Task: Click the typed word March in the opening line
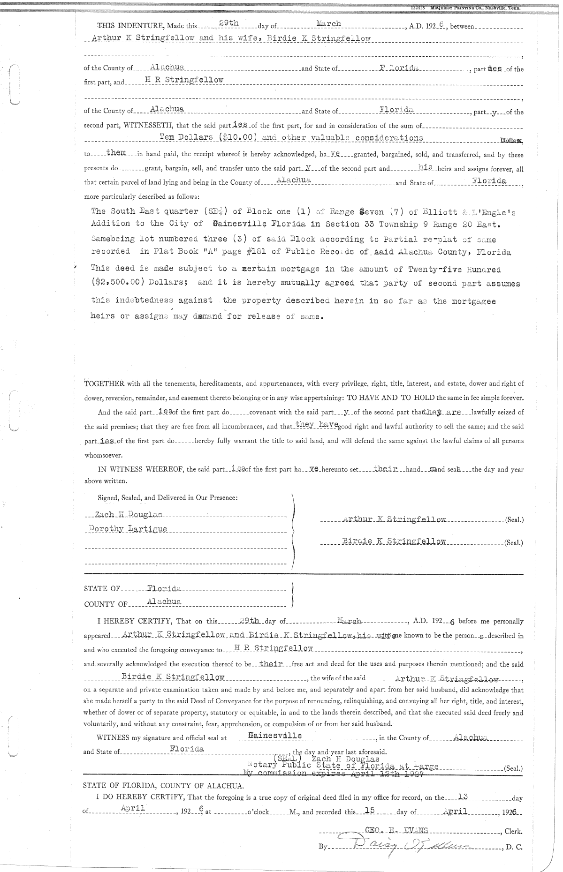(x=328, y=23)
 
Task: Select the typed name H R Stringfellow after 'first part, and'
(x=184, y=80)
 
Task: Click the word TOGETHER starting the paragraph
(x=104, y=383)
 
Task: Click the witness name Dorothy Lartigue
(x=128, y=529)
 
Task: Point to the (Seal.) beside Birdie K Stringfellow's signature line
(x=513, y=543)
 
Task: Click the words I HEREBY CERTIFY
(x=135, y=622)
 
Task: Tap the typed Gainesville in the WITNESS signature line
(x=275, y=736)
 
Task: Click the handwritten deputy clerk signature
(x=403, y=847)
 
